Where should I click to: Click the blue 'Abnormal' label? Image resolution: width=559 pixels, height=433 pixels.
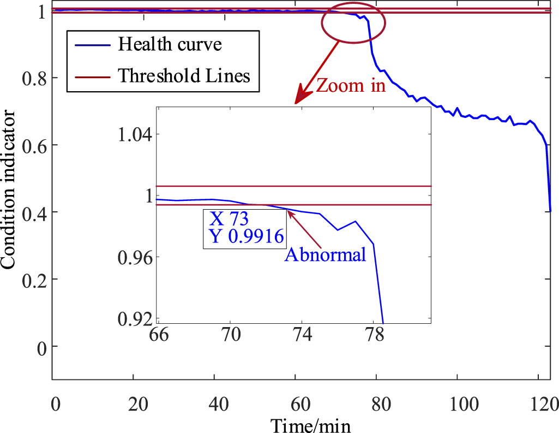tap(325, 254)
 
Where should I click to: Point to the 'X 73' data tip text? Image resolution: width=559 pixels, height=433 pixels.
tap(229, 220)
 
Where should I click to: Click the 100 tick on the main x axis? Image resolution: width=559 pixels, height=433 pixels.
tap(457, 405)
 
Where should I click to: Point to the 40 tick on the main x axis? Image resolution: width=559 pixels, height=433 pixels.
tap(214, 405)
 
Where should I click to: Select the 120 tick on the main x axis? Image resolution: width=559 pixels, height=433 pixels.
tap(538, 405)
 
